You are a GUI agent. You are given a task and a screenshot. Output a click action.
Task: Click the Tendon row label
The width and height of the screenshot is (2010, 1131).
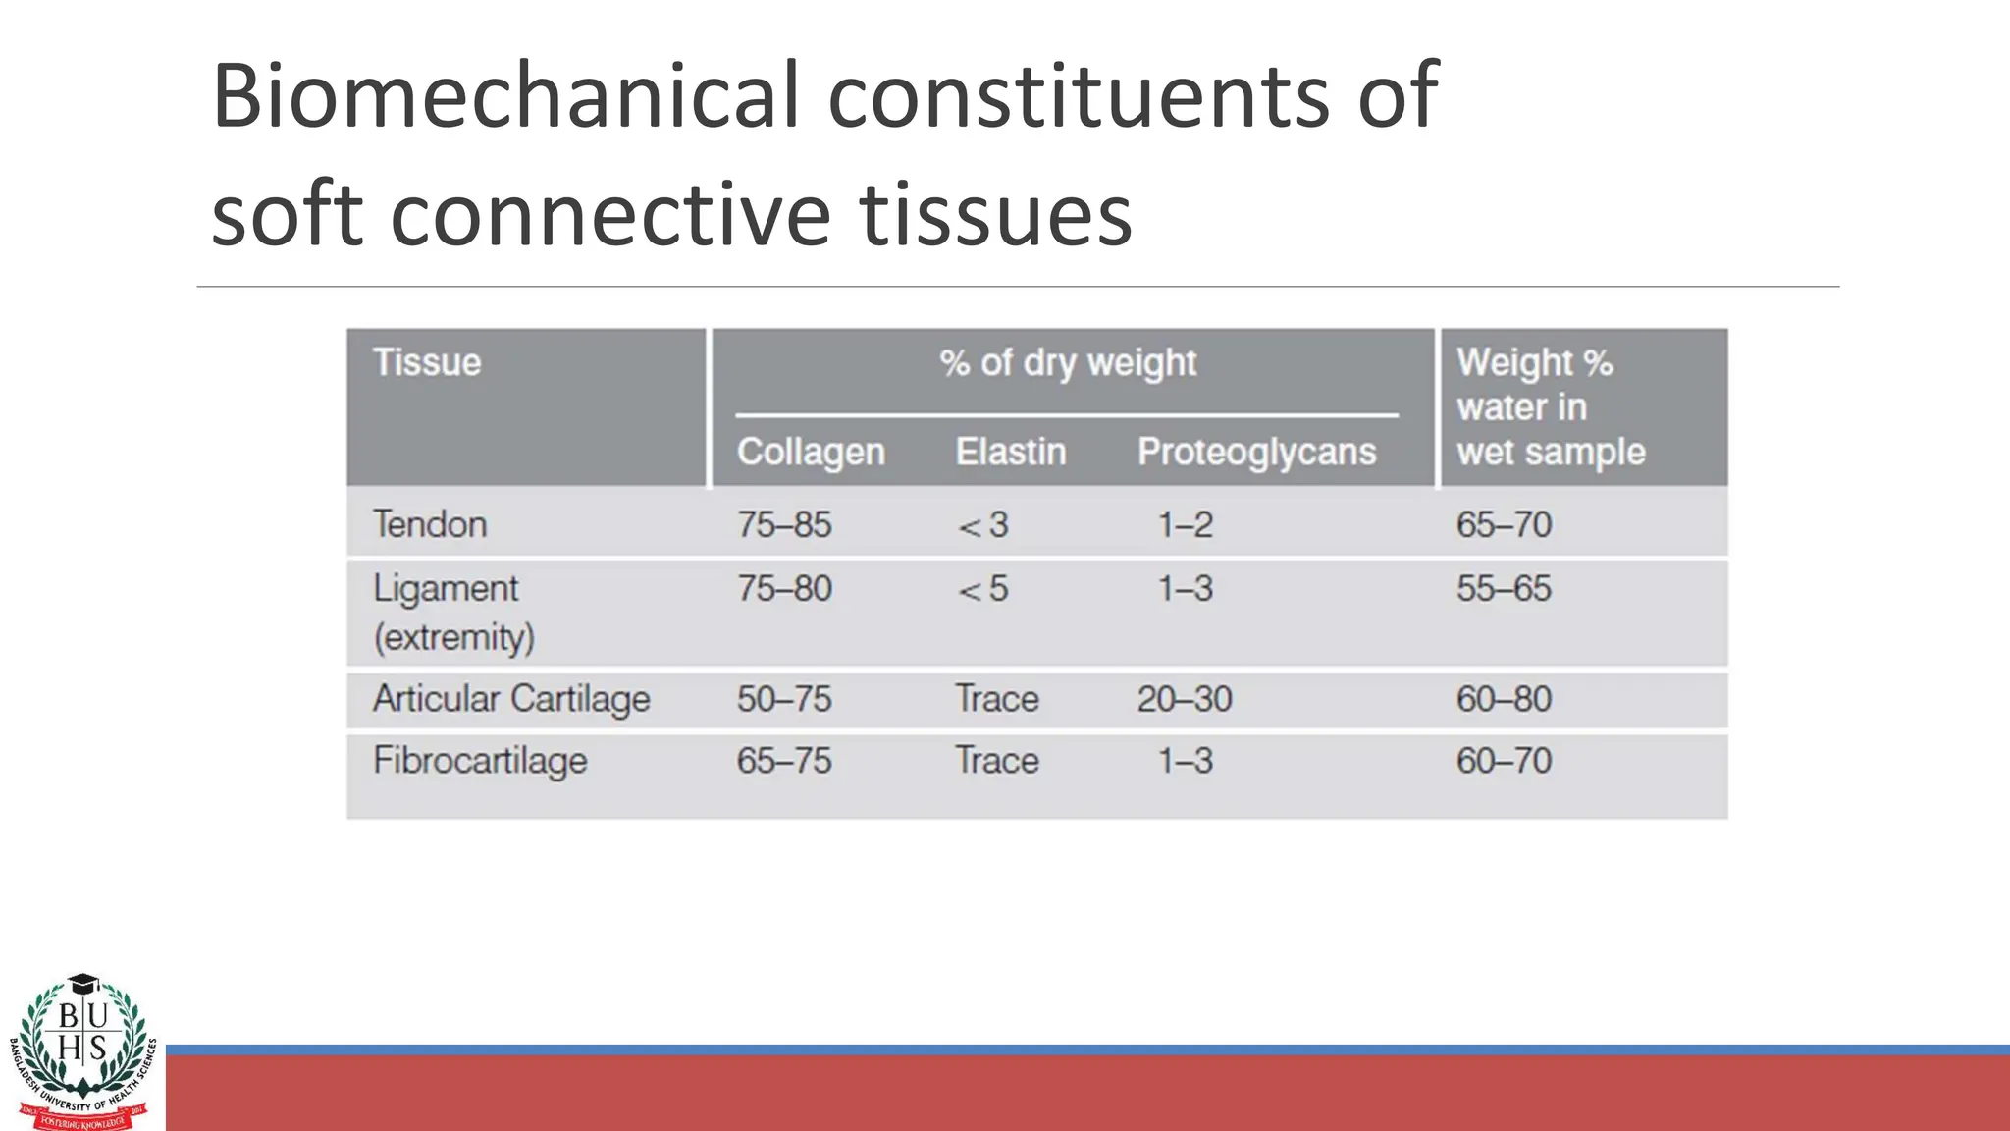430,524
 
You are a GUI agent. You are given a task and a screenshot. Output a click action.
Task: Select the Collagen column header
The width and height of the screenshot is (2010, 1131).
811,452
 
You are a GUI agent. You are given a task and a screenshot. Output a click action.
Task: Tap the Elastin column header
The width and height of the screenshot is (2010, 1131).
1010,452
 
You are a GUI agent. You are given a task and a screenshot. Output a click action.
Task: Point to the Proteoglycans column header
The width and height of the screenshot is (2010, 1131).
1256,452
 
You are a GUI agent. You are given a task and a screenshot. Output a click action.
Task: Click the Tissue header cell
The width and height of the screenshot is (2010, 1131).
427,362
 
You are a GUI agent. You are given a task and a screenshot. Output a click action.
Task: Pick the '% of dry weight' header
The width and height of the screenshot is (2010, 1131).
1068,363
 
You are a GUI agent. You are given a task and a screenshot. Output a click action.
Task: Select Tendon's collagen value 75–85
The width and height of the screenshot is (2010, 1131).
784,524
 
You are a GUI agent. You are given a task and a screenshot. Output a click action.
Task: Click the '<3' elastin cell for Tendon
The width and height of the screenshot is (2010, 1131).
983,525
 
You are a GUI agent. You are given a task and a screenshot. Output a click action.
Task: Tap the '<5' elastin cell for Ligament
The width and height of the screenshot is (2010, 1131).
983,589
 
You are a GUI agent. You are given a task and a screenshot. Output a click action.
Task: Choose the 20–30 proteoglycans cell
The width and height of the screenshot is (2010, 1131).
1184,699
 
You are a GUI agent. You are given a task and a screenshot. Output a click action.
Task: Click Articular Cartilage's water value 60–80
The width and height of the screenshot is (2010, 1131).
1504,699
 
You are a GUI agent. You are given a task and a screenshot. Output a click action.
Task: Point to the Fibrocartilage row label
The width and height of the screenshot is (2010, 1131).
480,761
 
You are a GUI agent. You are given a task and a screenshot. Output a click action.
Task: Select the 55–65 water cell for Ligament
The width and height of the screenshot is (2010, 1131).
1504,589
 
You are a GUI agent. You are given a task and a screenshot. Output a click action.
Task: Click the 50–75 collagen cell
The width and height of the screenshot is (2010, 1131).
784,699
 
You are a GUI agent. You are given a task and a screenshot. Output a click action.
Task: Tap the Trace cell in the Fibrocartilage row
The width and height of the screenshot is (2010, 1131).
997,761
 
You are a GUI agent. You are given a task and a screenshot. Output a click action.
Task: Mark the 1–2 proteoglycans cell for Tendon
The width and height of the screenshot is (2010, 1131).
1185,524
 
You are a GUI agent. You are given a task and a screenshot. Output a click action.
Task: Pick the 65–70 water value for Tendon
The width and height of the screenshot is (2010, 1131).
1504,524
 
